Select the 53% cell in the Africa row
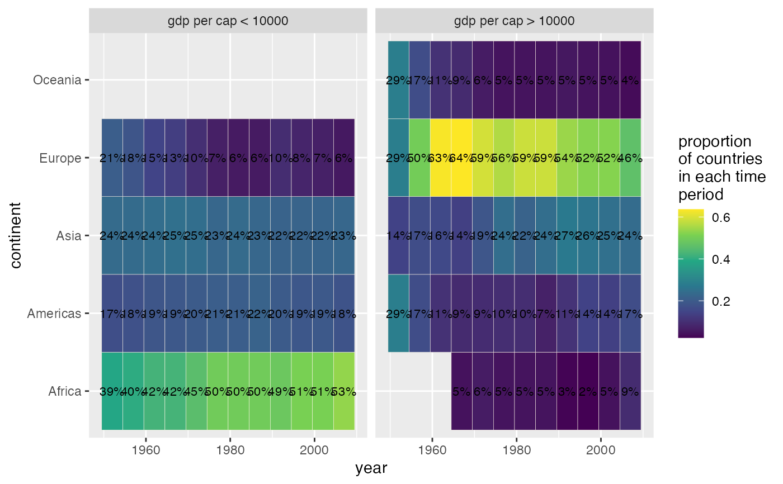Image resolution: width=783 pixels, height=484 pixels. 344,391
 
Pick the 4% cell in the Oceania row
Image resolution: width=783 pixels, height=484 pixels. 630,80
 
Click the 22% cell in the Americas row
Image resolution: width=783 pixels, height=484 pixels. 260,314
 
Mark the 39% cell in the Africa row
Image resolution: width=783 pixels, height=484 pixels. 112,391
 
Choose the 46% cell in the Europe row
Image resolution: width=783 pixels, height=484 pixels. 630,158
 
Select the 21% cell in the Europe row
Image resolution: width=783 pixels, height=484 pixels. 112,158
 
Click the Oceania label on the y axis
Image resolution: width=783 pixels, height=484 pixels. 57,80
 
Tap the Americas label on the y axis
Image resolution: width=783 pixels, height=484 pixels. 54,314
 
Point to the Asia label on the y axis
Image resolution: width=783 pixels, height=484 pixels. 69,235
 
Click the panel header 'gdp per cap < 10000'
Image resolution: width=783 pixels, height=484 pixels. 228,21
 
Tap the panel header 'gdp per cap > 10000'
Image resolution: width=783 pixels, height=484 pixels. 515,21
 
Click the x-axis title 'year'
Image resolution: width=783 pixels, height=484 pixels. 371,468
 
